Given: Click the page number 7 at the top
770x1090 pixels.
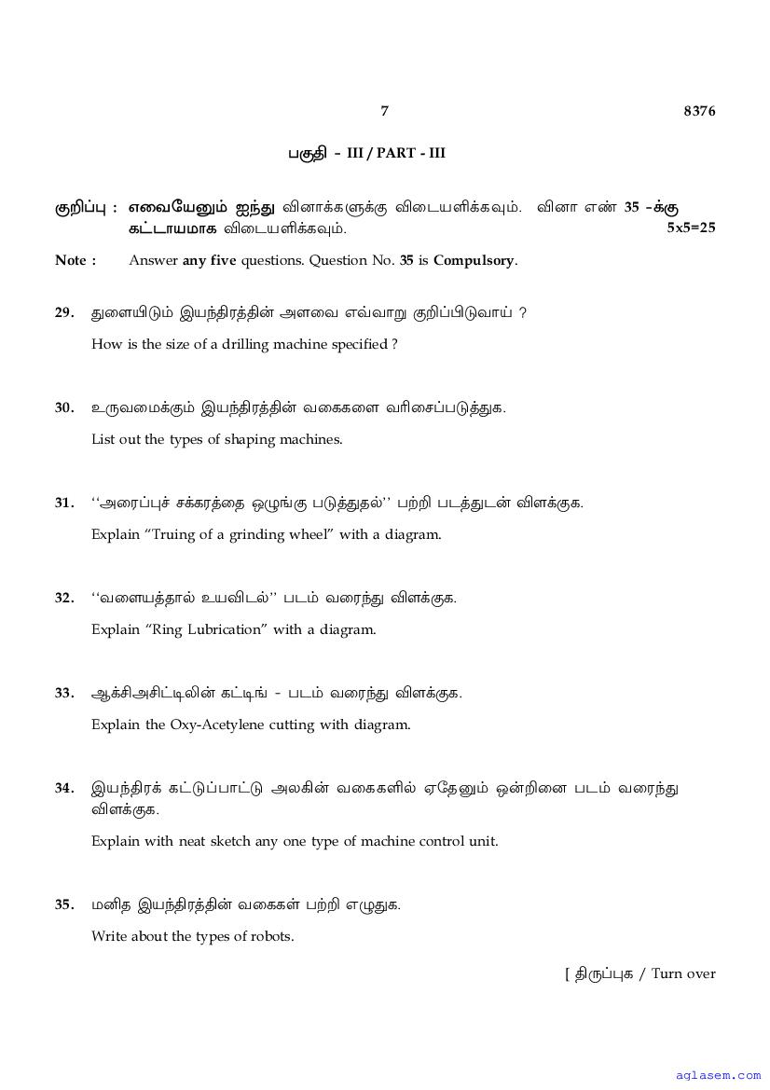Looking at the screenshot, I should [x=384, y=111].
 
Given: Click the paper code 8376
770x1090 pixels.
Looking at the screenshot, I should [x=699, y=111].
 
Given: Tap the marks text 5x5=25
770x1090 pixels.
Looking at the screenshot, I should [x=691, y=227].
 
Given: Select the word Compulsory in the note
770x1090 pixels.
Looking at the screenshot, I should [x=474, y=260].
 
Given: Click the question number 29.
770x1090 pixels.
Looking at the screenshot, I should [x=64, y=312].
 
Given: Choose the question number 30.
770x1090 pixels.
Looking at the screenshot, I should [x=64, y=407].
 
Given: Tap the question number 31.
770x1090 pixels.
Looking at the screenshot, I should [x=64, y=503].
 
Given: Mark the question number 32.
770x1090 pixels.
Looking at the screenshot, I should [x=64, y=598].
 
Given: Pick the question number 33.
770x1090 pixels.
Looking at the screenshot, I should [x=64, y=693].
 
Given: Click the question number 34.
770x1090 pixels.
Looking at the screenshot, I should [x=64, y=788].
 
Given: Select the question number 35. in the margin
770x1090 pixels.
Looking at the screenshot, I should [x=64, y=904].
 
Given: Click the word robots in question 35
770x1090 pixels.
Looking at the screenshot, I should [x=270, y=935].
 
